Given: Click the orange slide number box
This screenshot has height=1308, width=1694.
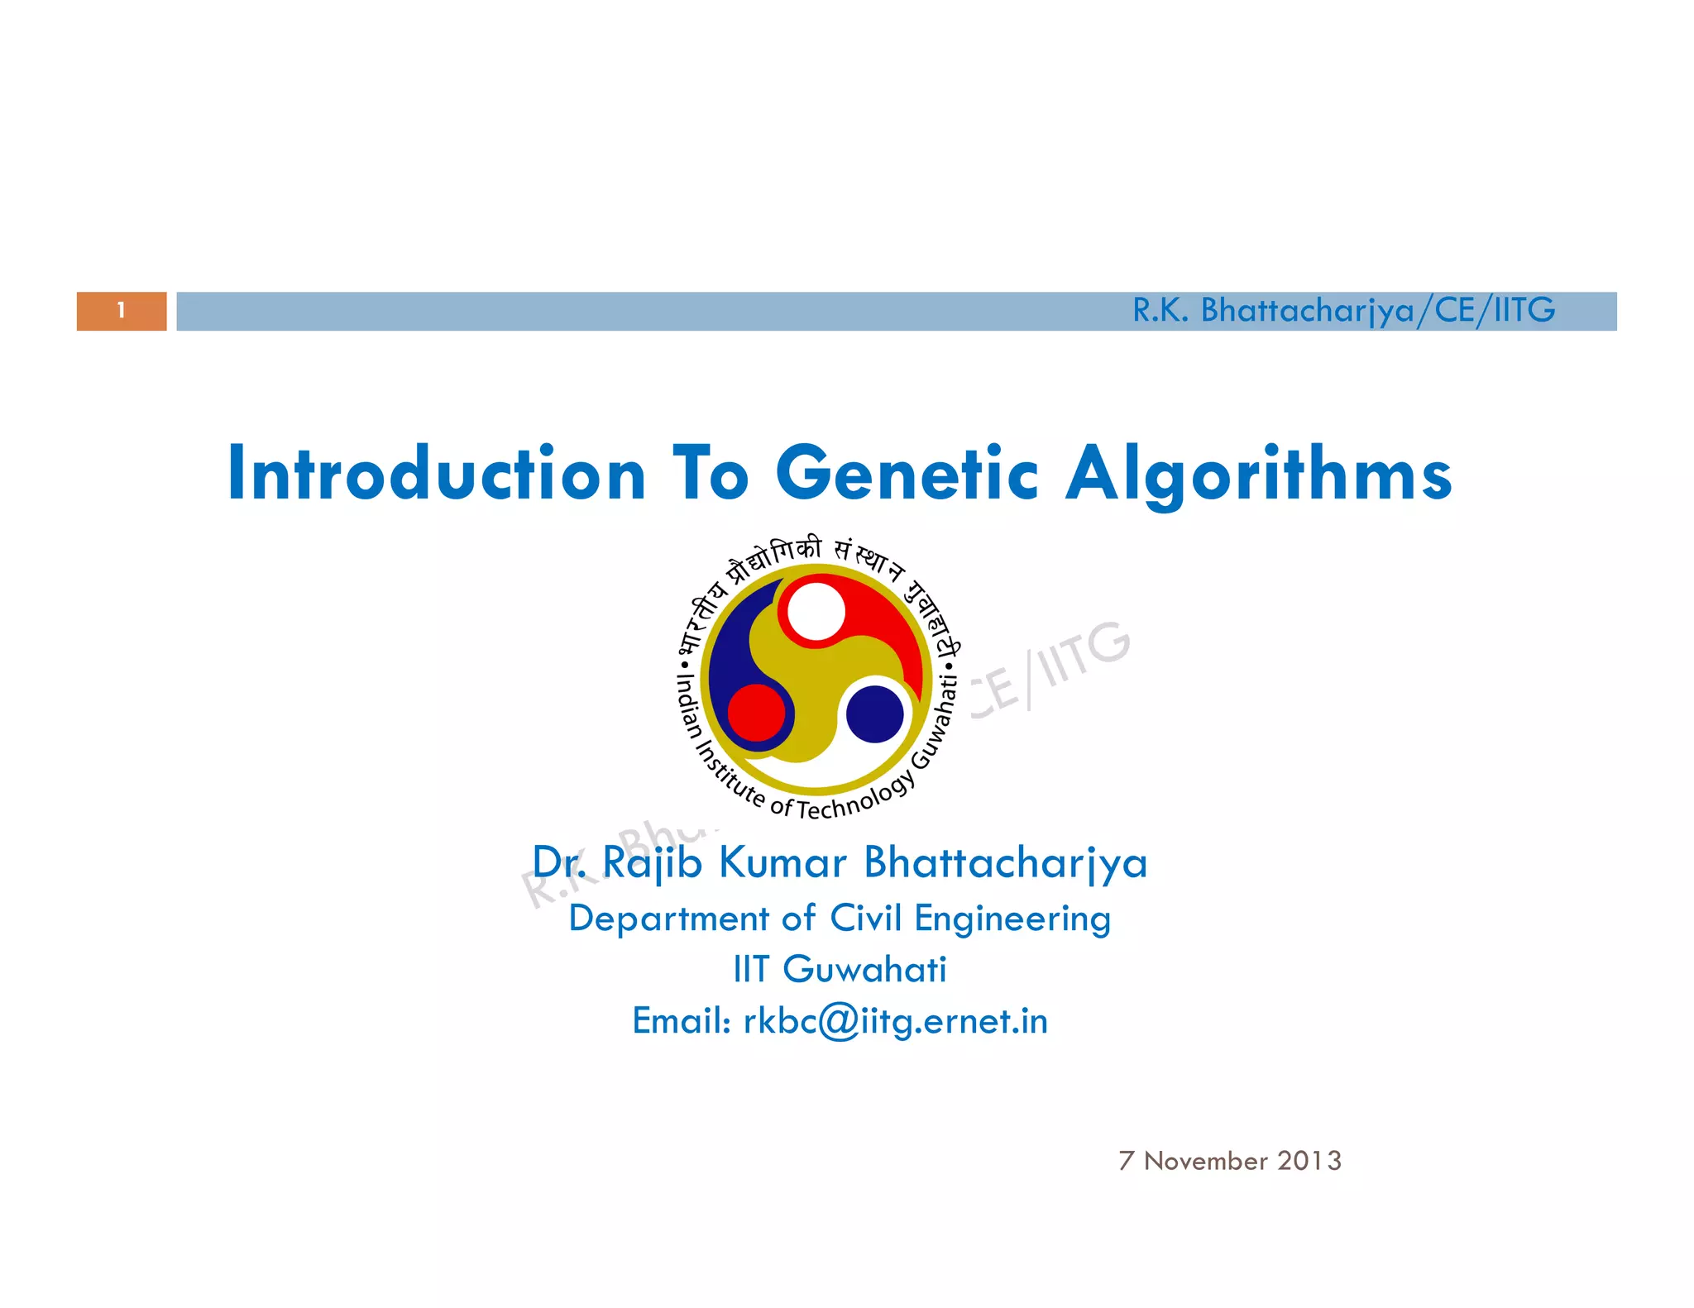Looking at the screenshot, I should pos(122,311).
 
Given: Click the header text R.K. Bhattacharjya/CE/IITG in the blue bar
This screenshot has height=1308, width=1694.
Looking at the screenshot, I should pos(1343,311).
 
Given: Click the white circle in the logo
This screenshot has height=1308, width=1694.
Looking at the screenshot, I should pos(816,612).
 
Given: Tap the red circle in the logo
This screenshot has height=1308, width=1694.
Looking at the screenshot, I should pos(756,713).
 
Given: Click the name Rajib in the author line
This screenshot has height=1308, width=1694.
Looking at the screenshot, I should pos(652,863).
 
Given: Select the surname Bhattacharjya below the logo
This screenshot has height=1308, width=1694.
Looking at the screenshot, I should pos(1005,863).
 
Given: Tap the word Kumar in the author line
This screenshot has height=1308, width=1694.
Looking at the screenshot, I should pos(782,863).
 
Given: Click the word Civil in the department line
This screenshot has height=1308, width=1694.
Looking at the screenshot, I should pos(865,919).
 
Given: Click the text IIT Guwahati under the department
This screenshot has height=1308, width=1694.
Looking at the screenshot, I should pos(840,970).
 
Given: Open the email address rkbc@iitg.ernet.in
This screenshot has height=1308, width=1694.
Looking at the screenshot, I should pos(896,1022).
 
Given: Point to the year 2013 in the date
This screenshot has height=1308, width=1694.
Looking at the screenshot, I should pos(1309,1161).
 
